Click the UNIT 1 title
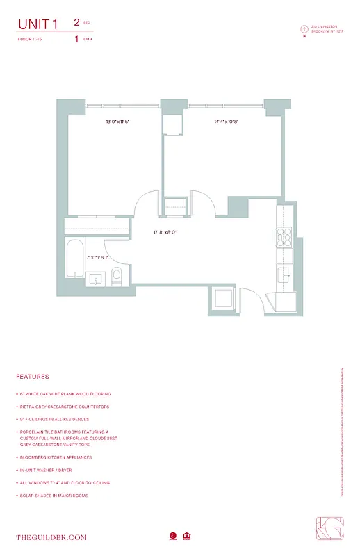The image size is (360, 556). click(x=38, y=25)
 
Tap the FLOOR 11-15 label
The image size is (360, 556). click(x=29, y=40)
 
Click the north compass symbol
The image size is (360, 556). click(x=304, y=29)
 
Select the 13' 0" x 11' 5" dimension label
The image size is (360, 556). click(x=118, y=122)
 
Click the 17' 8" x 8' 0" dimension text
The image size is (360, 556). click(x=165, y=232)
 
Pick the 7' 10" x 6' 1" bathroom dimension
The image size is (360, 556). click(x=98, y=257)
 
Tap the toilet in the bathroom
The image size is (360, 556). click(x=116, y=275)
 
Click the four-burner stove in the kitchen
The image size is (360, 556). click(x=285, y=238)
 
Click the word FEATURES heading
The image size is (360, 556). click(x=33, y=377)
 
